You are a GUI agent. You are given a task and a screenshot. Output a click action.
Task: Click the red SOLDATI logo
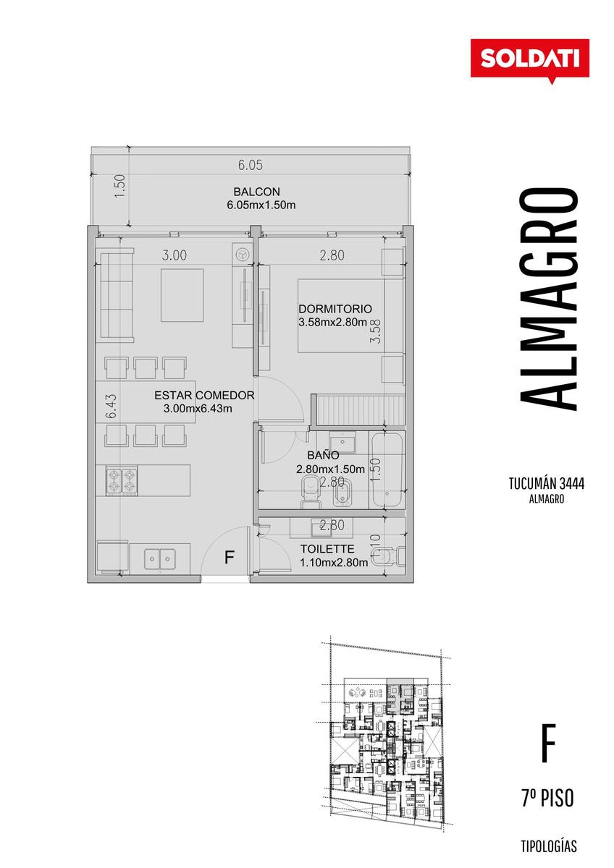click(x=530, y=59)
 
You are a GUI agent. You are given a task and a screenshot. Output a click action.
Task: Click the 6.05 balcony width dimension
click(x=251, y=166)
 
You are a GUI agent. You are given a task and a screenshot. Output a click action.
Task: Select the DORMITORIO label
click(x=335, y=309)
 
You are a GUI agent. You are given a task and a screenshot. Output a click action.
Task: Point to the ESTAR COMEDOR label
click(x=204, y=395)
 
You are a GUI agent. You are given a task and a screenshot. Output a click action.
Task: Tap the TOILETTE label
click(x=327, y=549)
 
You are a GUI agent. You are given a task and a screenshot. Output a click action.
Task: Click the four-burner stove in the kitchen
click(x=122, y=480)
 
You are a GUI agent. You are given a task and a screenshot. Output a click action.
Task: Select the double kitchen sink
click(x=159, y=558)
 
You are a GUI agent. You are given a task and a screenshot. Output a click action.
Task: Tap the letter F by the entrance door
click(x=230, y=557)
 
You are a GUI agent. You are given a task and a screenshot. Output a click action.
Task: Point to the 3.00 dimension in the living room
click(x=174, y=255)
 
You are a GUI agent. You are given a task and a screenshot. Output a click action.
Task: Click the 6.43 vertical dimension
click(x=111, y=406)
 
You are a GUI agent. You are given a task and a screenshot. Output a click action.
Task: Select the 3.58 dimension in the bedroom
click(x=376, y=331)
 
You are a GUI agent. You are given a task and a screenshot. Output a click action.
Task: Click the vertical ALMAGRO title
click(x=548, y=299)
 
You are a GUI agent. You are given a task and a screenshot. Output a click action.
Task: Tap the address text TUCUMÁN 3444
click(x=547, y=484)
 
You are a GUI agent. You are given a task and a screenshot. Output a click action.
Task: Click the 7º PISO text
click(x=547, y=799)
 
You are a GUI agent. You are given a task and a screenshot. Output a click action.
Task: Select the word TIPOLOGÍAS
click(x=549, y=846)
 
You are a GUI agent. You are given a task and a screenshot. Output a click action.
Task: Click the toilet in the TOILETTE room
click(x=387, y=556)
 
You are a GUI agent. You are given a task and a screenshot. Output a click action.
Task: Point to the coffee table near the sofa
click(x=182, y=295)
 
